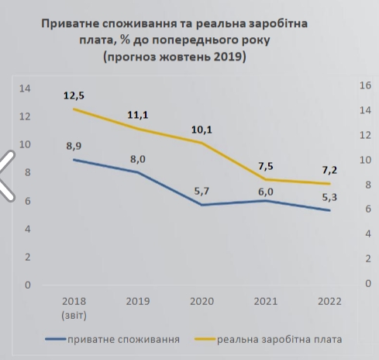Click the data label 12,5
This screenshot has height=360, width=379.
(74, 95)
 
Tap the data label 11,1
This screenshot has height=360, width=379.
(138, 116)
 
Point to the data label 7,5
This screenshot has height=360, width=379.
(266, 165)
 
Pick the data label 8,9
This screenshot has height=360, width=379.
(74, 145)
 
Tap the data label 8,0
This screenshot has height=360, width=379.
(138, 159)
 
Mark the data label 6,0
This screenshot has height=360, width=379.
(266, 187)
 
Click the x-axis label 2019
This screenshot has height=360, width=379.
(138, 301)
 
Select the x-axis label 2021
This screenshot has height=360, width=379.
(266, 301)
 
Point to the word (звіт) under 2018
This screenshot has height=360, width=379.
(74, 314)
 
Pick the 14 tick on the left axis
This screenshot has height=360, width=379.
(26, 88)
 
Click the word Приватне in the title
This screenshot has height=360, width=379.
(72, 24)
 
